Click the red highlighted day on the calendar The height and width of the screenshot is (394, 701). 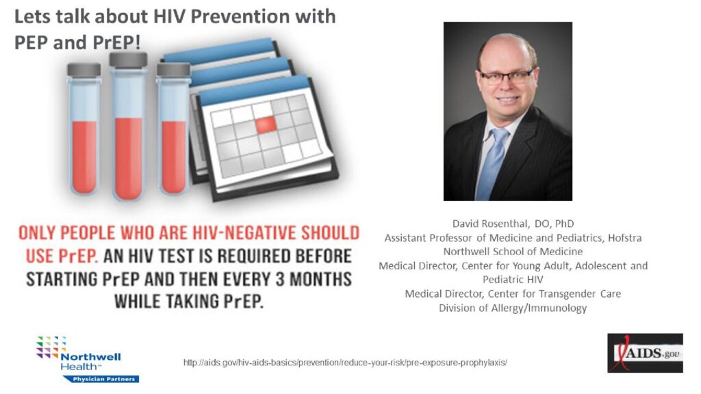point(266,124)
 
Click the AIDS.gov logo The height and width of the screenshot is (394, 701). point(645,353)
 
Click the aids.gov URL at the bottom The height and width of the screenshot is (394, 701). point(345,363)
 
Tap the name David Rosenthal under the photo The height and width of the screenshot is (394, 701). point(491,224)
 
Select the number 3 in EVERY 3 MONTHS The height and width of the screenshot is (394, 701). point(280,279)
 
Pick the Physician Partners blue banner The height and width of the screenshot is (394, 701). point(101,379)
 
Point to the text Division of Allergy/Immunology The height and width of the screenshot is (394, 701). point(513,308)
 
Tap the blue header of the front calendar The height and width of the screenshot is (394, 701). point(253,90)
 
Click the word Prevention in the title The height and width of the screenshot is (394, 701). point(240,16)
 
